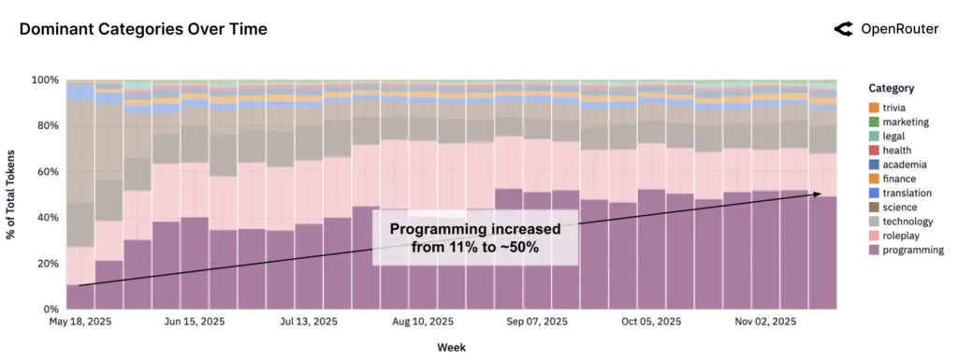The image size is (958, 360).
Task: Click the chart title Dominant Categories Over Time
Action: coord(143,30)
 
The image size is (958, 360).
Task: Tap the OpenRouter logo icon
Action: coord(843,29)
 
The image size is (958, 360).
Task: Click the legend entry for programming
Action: coord(904,250)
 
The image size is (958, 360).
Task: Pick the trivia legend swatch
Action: coord(873,108)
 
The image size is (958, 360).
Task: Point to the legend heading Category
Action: coord(891,88)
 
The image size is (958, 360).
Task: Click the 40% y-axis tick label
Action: coord(48,218)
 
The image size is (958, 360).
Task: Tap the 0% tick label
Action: coord(51,309)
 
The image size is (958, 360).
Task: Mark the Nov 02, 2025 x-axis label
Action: coord(765,322)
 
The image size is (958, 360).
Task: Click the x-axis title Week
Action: coord(451,347)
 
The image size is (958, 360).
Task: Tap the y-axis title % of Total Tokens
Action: coord(15,194)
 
